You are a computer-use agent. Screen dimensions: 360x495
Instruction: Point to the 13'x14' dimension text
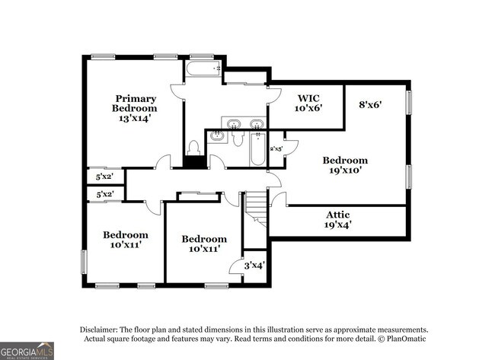click(136, 118)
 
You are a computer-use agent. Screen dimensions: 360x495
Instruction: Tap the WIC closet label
click(309, 97)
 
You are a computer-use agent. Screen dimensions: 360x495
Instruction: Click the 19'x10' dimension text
click(344, 170)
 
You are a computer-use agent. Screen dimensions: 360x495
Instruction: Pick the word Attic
click(338, 215)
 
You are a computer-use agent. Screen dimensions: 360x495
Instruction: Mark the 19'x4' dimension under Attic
click(338, 225)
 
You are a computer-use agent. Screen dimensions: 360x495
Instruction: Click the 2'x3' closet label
click(277, 148)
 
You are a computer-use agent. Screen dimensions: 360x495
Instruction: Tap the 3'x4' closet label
click(254, 266)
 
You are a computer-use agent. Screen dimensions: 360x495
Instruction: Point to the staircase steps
click(257, 205)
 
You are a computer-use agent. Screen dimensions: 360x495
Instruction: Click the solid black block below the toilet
click(195, 161)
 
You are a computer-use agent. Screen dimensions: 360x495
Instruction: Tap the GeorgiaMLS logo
click(27, 351)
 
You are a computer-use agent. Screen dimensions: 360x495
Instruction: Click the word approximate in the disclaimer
click(356, 328)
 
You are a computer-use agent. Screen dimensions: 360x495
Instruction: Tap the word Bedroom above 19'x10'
click(344, 160)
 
